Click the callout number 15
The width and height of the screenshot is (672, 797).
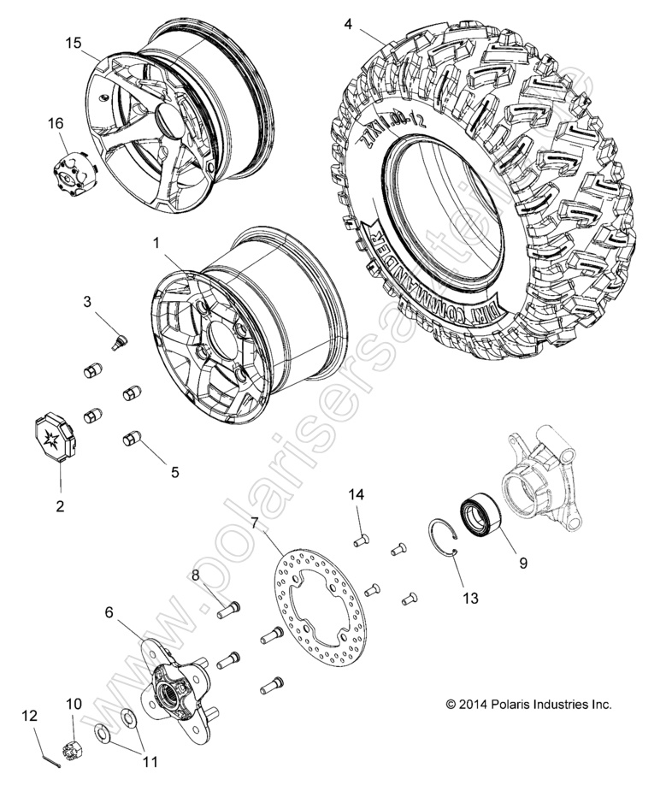pos(74,41)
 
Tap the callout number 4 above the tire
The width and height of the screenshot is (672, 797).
pos(348,23)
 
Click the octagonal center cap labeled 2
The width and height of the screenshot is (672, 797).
pos(56,438)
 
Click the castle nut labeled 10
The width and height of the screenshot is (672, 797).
pos(74,749)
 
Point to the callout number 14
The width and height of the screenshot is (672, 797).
pos(356,494)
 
